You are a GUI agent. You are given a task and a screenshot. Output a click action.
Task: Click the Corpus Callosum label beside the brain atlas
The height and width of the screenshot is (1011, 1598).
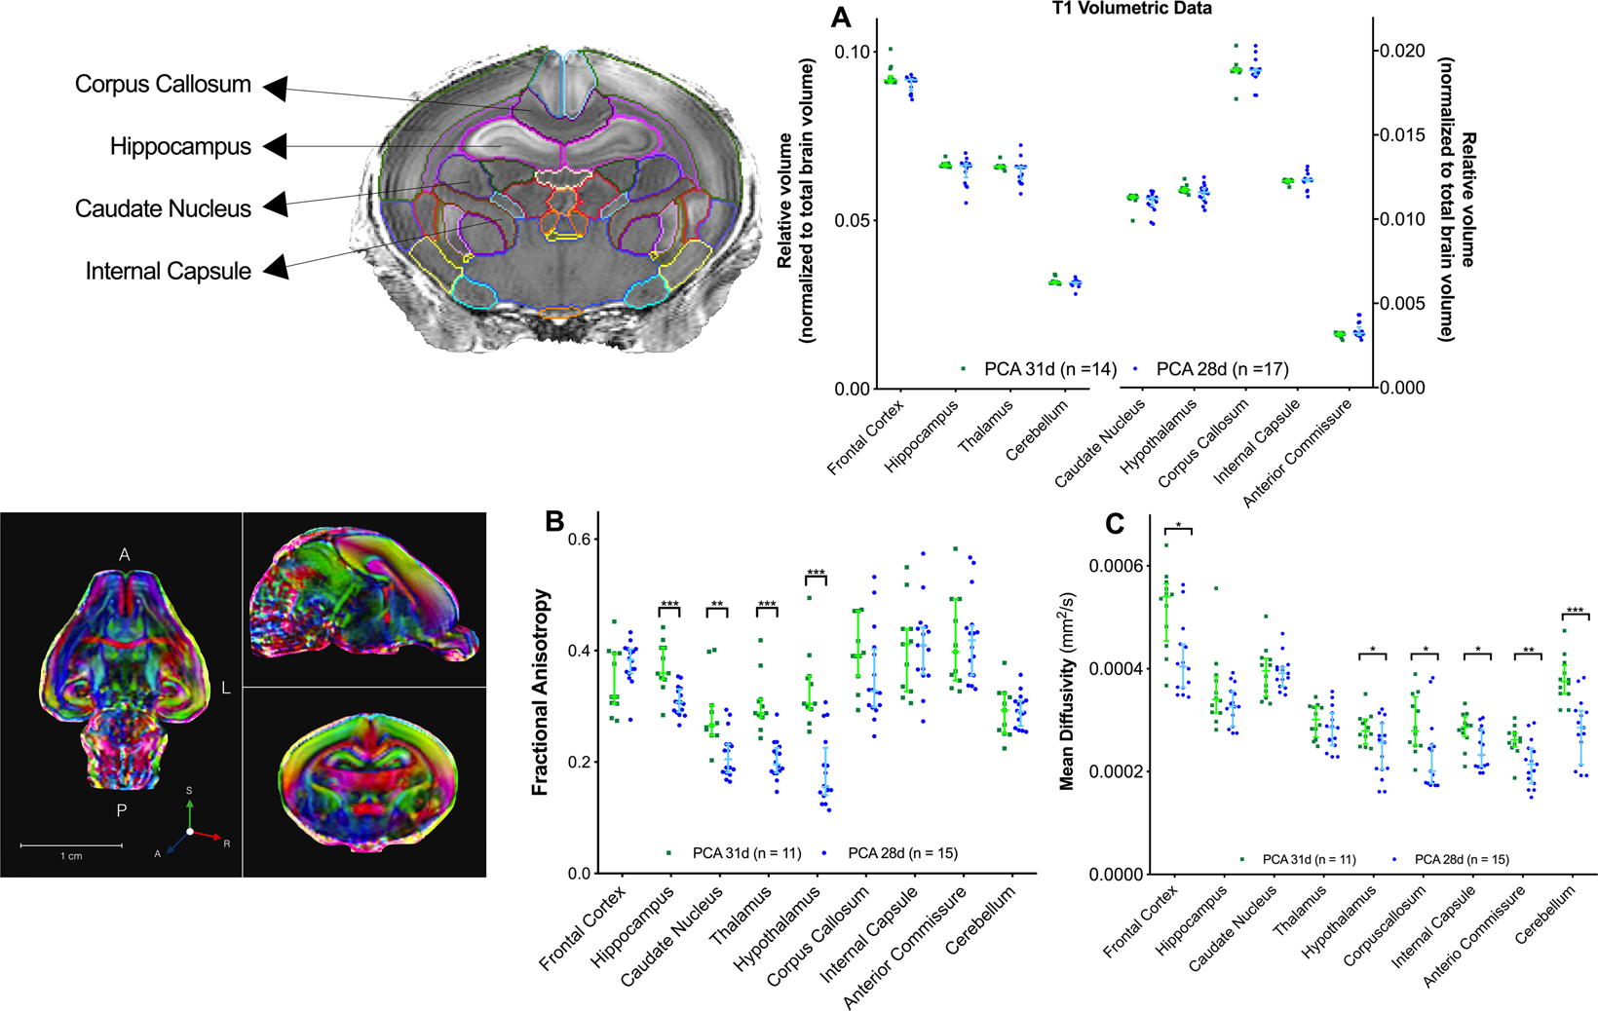(x=163, y=85)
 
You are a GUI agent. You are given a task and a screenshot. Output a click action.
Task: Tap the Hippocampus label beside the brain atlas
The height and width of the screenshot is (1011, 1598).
(x=180, y=147)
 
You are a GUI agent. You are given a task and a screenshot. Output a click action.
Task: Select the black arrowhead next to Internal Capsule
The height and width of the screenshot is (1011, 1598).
(x=276, y=267)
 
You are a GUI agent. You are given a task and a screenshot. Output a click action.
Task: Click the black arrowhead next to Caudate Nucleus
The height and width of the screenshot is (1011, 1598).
(x=276, y=205)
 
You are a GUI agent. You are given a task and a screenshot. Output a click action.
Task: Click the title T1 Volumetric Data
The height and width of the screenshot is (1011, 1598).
(x=1132, y=9)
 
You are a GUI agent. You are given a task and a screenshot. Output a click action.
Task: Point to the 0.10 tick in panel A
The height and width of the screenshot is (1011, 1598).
(x=853, y=52)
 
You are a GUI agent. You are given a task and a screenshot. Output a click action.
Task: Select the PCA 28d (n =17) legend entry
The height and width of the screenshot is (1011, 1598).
(x=1222, y=369)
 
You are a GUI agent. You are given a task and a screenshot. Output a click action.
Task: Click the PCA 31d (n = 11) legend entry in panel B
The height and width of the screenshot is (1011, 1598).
(x=746, y=853)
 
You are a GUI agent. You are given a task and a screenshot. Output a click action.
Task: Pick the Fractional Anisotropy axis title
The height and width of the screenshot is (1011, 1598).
(x=541, y=692)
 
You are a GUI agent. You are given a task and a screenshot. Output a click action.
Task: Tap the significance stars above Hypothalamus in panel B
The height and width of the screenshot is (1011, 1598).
(x=816, y=574)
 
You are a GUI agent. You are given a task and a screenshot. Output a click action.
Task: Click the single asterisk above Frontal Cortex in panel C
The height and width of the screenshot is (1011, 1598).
(x=1178, y=526)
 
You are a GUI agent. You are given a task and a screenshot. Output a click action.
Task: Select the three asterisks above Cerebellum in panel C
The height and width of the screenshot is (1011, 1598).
(x=1575, y=612)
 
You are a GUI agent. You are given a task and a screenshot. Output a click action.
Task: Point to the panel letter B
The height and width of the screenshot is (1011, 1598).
(x=554, y=521)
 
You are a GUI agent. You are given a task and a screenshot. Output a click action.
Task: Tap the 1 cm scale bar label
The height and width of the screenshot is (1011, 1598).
(x=71, y=856)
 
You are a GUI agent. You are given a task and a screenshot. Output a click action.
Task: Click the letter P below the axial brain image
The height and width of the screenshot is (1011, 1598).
(x=122, y=810)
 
